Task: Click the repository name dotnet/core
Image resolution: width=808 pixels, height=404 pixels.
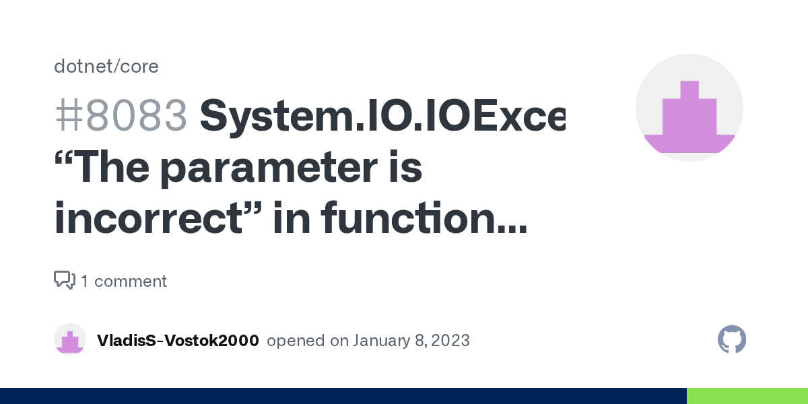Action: coord(106,66)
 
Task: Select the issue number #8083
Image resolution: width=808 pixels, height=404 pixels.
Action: coord(121,115)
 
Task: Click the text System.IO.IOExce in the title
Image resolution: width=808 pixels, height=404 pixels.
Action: coord(382,115)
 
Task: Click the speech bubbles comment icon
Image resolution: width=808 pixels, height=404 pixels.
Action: coord(64,280)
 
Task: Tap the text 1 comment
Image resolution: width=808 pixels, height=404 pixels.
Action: coord(124,281)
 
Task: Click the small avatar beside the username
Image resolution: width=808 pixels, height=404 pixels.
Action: coord(70,340)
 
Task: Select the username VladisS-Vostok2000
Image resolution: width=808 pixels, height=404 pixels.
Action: coord(178,341)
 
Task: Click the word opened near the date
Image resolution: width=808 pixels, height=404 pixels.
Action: coord(296,341)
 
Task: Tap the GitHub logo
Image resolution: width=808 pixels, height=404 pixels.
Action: coord(732,340)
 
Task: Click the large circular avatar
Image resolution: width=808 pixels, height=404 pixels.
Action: coord(689,108)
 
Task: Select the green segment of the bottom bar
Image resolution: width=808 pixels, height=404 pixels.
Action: coord(747,396)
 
